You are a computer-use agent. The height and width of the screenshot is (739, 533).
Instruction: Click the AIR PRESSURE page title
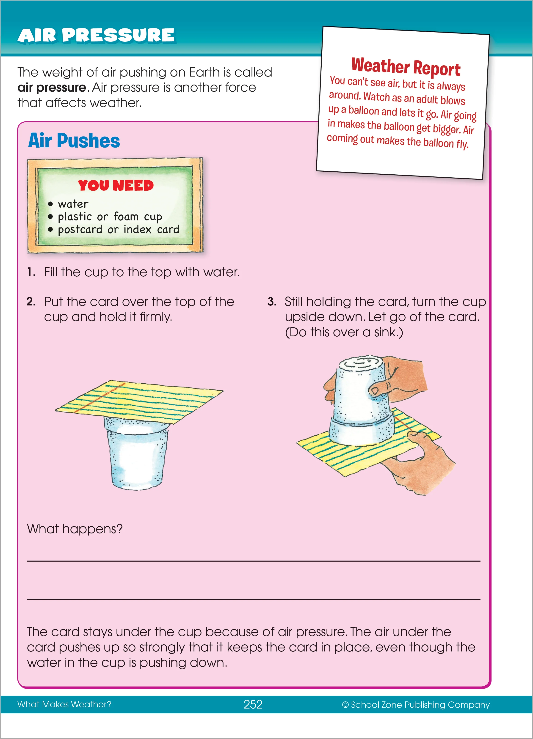(96, 35)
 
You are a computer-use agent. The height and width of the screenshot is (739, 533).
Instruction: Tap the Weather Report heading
(406, 67)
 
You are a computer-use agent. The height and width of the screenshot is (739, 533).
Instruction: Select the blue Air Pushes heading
(74, 141)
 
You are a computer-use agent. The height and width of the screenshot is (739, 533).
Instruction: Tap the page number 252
(253, 704)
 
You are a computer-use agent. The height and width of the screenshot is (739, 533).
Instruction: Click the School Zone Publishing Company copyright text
(416, 704)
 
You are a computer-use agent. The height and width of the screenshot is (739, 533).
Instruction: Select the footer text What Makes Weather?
(64, 704)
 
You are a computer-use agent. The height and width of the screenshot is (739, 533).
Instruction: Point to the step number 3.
(272, 301)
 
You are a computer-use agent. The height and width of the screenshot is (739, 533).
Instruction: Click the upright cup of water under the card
(137, 456)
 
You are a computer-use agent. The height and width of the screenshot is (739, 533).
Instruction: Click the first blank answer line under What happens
(253, 560)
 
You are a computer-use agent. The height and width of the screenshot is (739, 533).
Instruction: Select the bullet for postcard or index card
(50, 229)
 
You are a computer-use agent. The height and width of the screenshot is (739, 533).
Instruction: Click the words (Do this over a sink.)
(344, 332)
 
